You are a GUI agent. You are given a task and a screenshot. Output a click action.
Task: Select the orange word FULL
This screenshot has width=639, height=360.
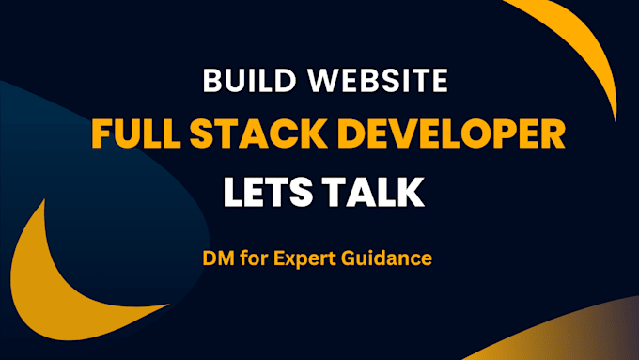coord(132,136)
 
